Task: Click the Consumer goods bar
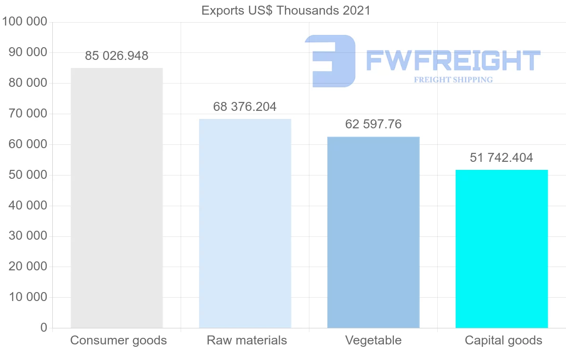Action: [x=117, y=198]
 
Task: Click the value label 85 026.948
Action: [x=117, y=56]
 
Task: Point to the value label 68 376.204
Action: [x=245, y=107]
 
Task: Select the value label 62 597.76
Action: [x=373, y=124]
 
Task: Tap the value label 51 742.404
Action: [x=501, y=158]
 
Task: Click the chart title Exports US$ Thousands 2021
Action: [x=286, y=10]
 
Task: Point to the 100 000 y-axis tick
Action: [x=25, y=22]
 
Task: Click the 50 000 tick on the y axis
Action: [x=28, y=175]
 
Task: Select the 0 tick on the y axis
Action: [x=44, y=327]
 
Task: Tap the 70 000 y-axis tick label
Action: [x=28, y=114]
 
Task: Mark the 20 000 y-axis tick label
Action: [x=28, y=267]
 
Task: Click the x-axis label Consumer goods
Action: [x=118, y=340]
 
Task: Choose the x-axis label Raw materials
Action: [x=247, y=340]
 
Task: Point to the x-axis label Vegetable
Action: [x=373, y=340]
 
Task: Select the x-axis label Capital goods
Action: [x=503, y=340]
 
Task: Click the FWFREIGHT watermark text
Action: [x=453, y=60]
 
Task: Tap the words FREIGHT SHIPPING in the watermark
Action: [x=453, y=80]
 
